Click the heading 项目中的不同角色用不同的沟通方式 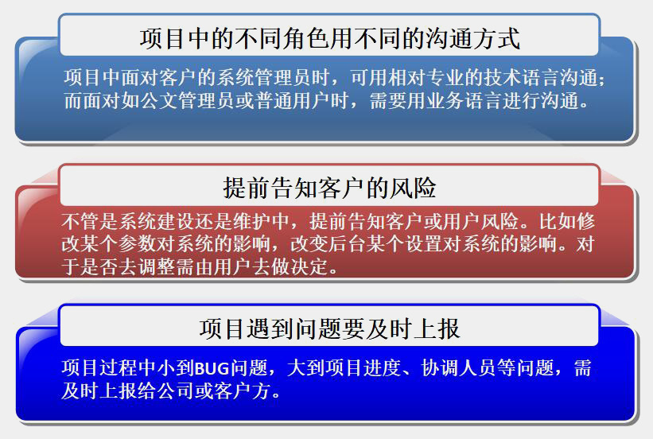[x=329, y=39]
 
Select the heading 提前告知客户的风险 [x=329, y=188]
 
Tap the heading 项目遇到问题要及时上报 [x=329, y=328]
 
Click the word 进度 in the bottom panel [x=383, y=368]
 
